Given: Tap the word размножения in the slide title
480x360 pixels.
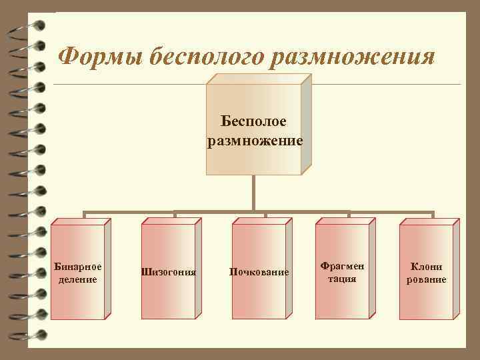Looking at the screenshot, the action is point(354,57).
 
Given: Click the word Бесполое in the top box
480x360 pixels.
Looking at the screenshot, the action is point(255,122).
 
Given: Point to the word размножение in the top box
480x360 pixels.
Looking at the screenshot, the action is point(255,141).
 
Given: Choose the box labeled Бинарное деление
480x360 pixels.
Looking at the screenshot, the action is point(79,270).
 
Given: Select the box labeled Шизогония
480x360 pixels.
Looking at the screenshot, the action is point(169,270).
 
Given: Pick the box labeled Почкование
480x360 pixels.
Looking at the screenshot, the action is point(259,270).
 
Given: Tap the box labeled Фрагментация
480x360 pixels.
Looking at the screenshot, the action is point(343,270).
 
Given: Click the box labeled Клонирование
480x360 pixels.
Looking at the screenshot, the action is point(427,270).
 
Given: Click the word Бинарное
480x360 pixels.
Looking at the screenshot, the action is point(79,265).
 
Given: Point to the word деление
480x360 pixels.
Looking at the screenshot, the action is point(79,279).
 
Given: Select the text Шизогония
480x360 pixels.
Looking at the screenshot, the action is point(169,272).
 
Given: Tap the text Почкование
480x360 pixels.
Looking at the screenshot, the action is point(259,272).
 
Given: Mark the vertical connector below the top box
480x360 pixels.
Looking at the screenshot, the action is point(253,193).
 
